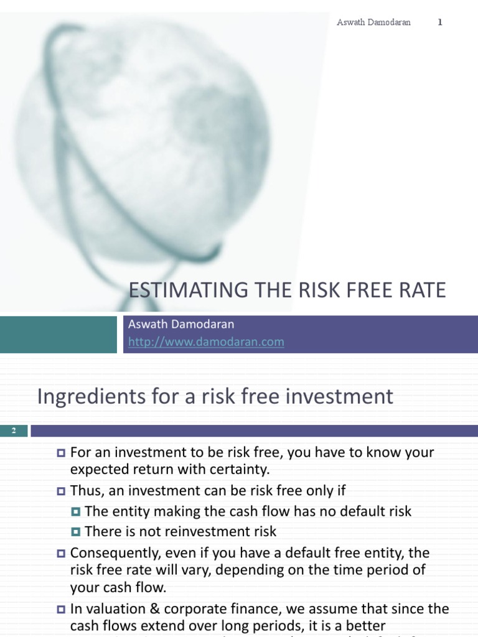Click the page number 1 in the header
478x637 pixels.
pos(440,22)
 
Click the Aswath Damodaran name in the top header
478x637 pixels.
pos(373,22)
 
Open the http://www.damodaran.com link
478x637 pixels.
pos(206,342)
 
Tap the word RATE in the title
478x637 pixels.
pos(424,291)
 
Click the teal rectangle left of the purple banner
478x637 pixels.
pos(59,334)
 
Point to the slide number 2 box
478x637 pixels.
pos(14,430)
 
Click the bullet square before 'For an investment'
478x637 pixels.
pos(61,453)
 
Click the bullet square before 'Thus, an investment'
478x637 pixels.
pos(61,491)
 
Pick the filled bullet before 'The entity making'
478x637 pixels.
pos(76,512)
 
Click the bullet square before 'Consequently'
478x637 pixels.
pos(61,553)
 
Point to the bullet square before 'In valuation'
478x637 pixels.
pos(61,610)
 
